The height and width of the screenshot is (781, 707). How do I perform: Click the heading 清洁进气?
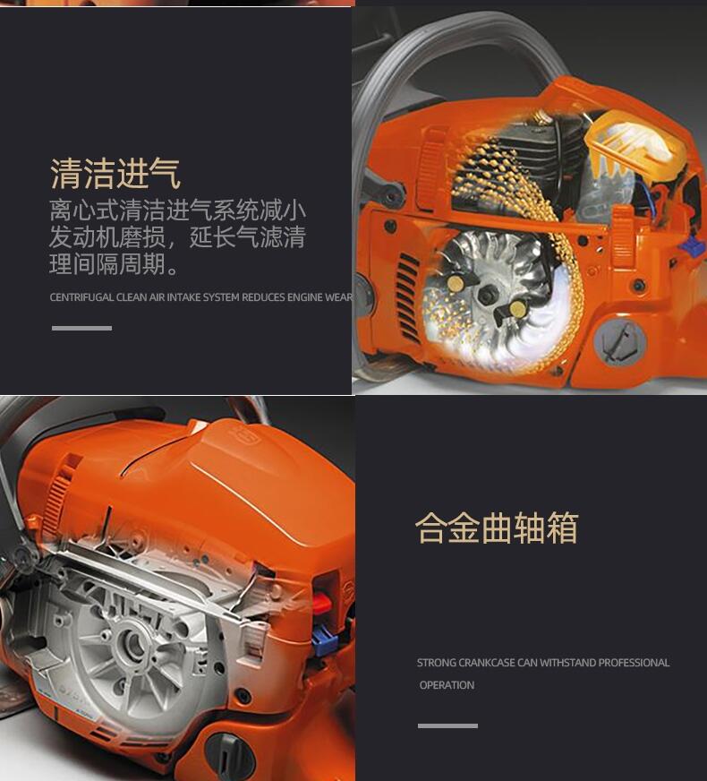point(115,174)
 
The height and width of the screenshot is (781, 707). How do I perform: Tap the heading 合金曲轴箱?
point(497,527)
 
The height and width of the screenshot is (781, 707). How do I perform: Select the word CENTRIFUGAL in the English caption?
point(81,297)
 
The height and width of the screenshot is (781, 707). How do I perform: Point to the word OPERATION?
point(447,685)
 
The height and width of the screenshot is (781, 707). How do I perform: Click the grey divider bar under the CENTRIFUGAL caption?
point(81,328)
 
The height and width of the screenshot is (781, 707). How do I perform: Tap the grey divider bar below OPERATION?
point(447,725)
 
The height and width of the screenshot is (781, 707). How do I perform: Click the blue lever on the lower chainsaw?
point(323,639)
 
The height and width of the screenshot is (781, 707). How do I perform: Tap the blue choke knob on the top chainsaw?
point(693,245)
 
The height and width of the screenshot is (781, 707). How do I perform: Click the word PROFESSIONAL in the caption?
point(634,663)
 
